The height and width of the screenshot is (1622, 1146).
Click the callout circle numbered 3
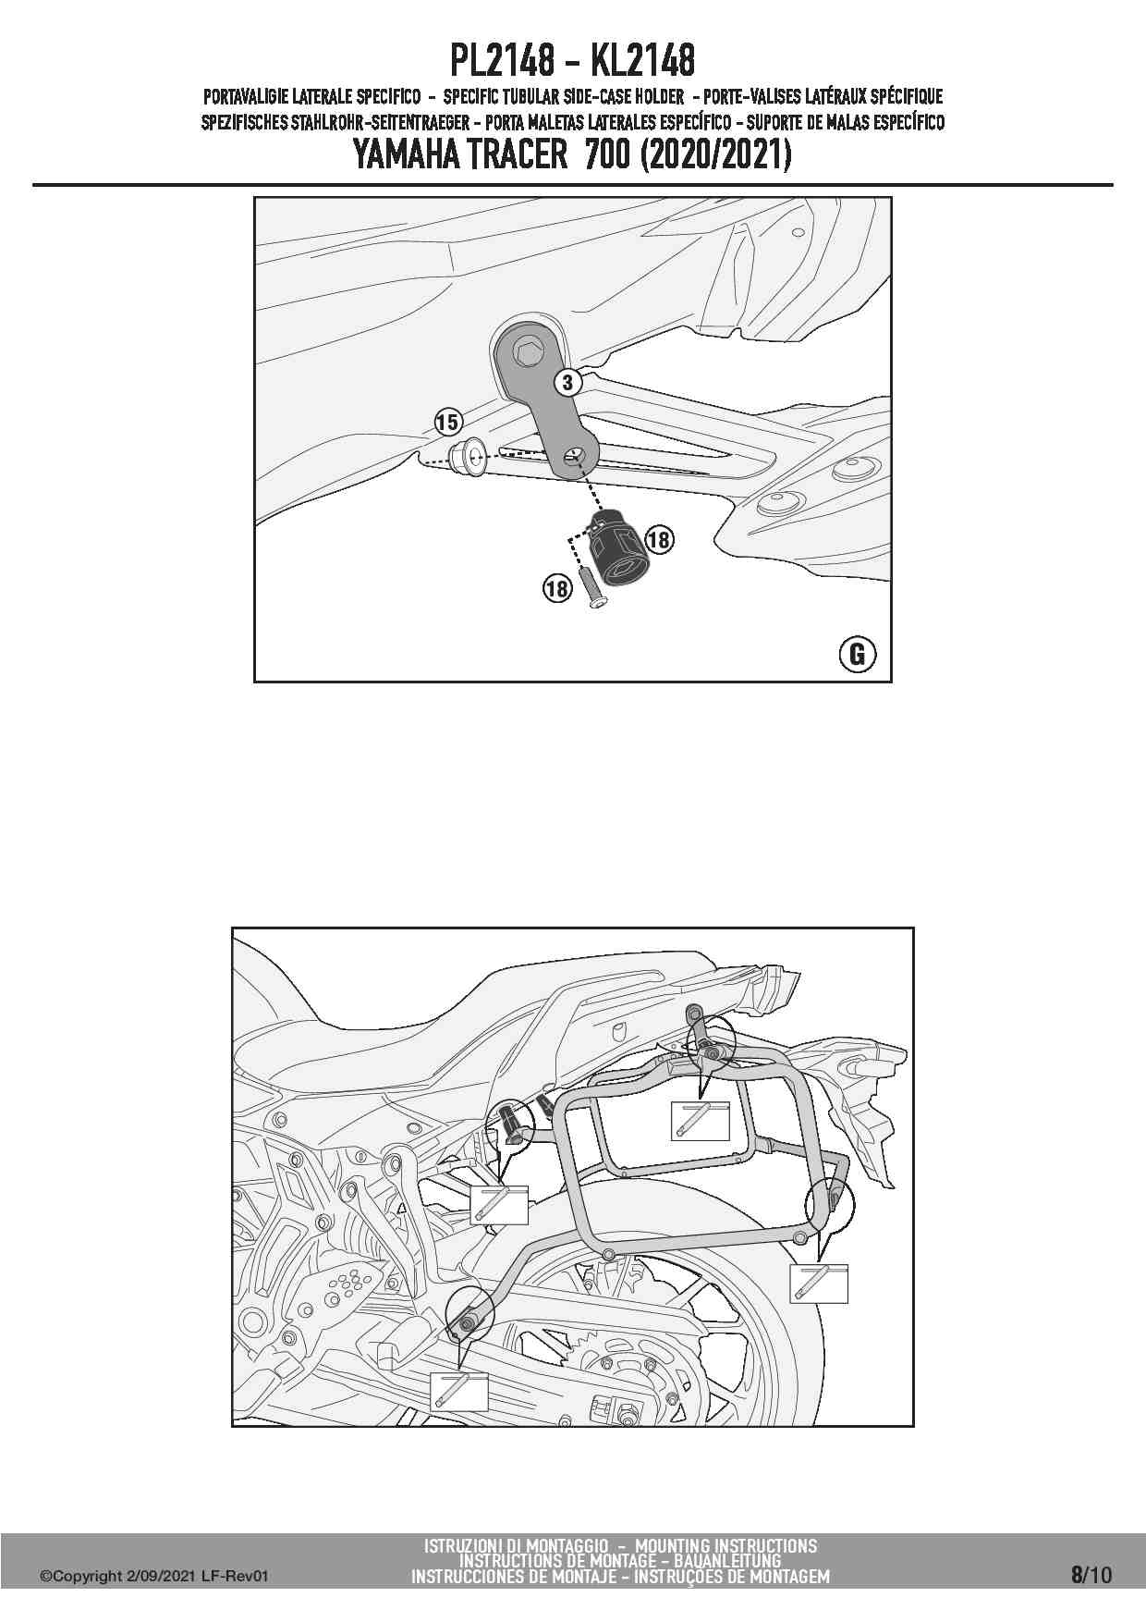(x=569, y=382)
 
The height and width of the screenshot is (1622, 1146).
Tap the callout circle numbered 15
(x=447, y=424)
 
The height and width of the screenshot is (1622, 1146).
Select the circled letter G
(x=857, y=654)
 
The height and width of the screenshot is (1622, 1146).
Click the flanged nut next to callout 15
(x=469, y=458)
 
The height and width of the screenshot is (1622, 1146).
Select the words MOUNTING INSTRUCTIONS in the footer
(x=725, y=1545)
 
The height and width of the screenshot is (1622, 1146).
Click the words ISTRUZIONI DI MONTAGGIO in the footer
(x=516, y=1545)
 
